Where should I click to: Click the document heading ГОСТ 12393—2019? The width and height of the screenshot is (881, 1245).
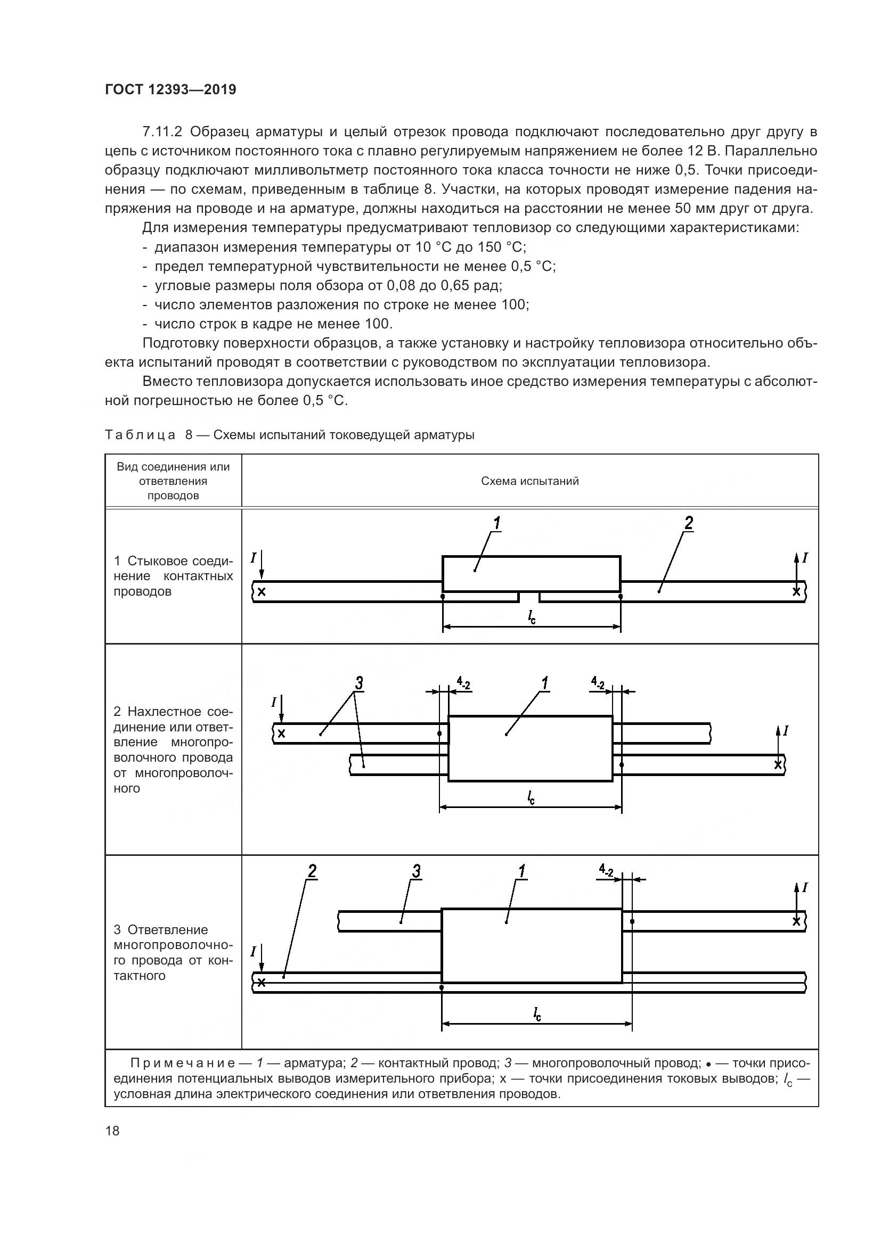170,89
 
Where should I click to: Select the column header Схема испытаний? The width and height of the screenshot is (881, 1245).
529,481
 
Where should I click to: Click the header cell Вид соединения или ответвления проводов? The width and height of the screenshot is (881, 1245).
173,481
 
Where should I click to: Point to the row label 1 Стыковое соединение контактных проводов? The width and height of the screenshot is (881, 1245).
173,576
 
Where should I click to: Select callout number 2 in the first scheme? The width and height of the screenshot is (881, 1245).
688,523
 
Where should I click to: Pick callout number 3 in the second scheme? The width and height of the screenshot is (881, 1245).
358,684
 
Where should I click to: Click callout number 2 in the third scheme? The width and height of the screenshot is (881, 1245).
312,871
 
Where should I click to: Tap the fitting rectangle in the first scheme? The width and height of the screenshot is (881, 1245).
531,573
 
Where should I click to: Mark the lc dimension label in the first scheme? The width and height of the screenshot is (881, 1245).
532,617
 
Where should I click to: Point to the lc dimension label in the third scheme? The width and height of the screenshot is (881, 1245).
537,1013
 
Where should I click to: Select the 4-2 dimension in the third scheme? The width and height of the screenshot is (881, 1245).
606,871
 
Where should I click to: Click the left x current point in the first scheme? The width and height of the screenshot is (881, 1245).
262,591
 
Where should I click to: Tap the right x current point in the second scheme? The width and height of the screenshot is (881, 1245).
778,765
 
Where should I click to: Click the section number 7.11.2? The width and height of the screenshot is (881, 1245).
164,132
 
